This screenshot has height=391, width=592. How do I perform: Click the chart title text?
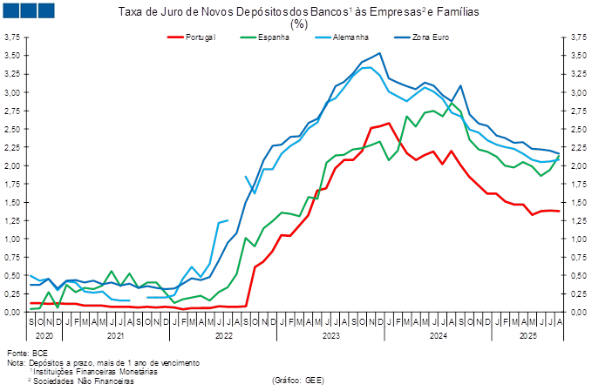[x=298, y=11]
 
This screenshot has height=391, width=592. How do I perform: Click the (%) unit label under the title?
[x=298, y=25]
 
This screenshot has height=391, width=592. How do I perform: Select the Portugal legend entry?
[x=200, y=37]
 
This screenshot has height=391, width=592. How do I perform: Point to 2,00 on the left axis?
[x=12, y=165]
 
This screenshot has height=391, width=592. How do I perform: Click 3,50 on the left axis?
[x=12, y=55]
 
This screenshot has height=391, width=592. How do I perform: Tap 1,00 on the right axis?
[x=579, y=239]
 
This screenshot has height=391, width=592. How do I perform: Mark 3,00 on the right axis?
[x=579, y=92]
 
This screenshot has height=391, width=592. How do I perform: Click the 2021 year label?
[x=114, y=334]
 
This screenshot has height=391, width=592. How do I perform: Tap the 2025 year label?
[x=527, y=334]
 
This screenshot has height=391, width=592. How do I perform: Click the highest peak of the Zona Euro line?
[x=379, y=53]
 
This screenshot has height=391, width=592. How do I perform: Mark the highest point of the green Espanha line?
[x=433, y=111]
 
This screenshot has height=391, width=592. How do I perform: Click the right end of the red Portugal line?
[x=559, y=211]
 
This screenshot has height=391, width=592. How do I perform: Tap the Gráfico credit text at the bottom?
[x=298, y=380]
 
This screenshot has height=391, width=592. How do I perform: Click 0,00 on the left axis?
[x=12, y=312]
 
